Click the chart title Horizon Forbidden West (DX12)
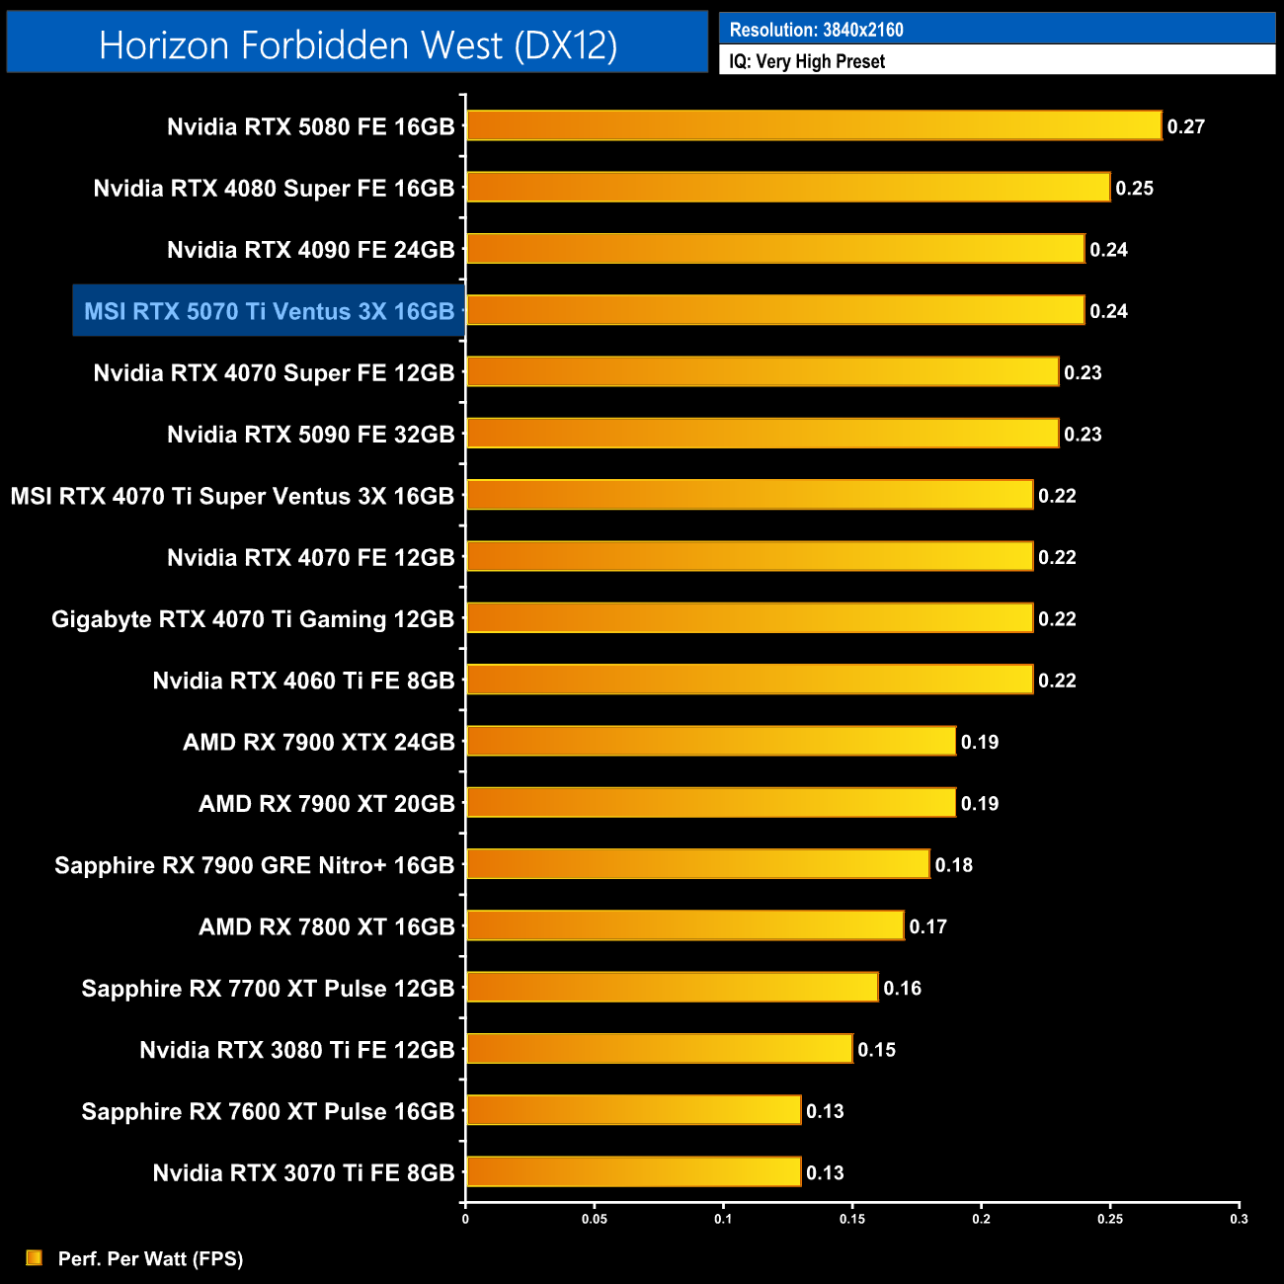tap(358, 45)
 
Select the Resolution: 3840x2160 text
tap(816, 30)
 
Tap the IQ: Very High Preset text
tap(807, 61)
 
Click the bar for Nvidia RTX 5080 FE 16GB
tap(814, 125)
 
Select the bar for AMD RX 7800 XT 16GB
tap(684, 925)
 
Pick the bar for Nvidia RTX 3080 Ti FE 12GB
tap(659, 1049)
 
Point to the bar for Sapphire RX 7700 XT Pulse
tap(672, 987)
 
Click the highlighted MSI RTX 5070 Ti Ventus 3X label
tap(269, 311)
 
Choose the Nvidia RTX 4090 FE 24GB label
tap(310, 250)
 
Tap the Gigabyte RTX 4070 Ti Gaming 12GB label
tap(253, 619)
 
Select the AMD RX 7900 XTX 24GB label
tap(318, 742)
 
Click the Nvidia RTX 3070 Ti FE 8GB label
tap(303, 1173)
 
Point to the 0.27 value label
tap(1185, 126)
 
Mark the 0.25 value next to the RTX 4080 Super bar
tap(1134, 188)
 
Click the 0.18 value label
tap(953, 865)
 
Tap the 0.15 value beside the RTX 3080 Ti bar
tap(876, 1050)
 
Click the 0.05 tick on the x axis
tap(594, 1219)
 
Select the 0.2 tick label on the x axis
tap(981, 1219)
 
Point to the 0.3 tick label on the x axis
tap(1239, 1219)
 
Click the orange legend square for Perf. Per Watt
tap(35, 1257)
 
